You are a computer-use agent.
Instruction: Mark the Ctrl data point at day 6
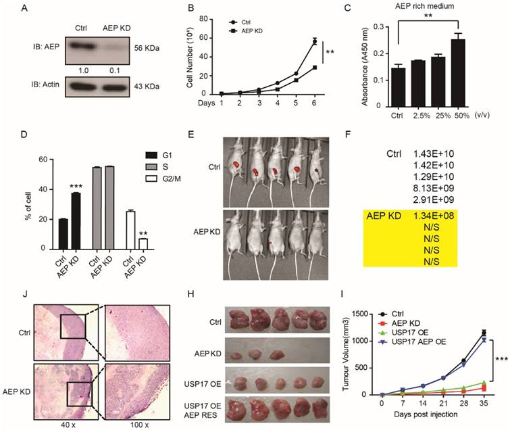[x=314, y=42]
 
